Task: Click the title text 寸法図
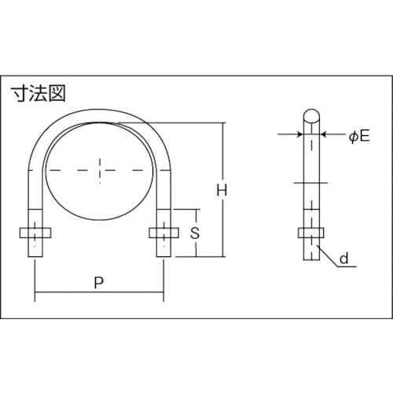38,94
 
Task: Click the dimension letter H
222,190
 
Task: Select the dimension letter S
195,233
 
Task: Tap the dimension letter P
99,282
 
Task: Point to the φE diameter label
359,136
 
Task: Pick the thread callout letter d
344,259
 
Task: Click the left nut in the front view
35,233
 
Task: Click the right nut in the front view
164,233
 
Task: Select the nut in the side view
311,233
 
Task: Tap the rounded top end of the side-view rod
311,116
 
